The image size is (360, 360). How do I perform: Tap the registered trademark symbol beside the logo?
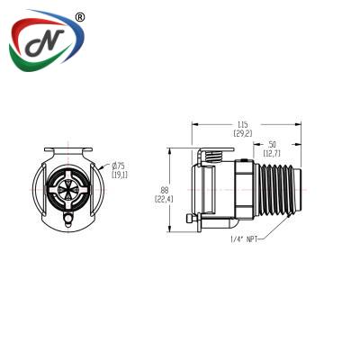pyautogui.click(x=79, y=17)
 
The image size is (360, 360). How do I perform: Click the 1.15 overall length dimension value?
pyautogui.click(x=243, y=124)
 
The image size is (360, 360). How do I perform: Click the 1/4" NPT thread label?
pyautogui.click(x=244, y=239)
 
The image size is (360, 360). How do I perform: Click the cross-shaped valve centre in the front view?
pyautogui.click(x=68, y=190)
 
